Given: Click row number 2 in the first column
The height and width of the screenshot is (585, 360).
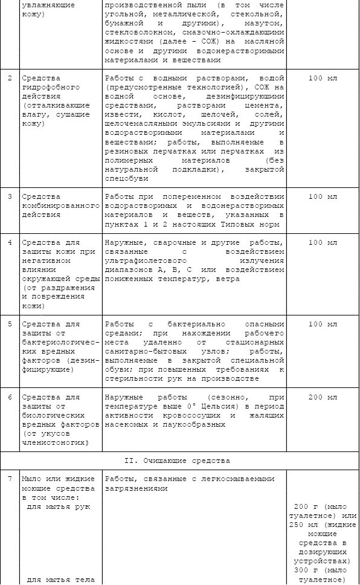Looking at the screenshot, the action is click(x=9, y=79).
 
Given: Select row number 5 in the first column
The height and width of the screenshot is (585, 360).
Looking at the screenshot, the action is click(x=9, y=325).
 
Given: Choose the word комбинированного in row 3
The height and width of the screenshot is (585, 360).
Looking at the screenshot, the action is click(x=60, y=206).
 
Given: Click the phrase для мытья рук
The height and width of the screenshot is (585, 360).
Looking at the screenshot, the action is click(x=59, y=506).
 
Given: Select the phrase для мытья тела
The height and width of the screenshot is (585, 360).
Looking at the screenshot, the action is click(x=60, y=580).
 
